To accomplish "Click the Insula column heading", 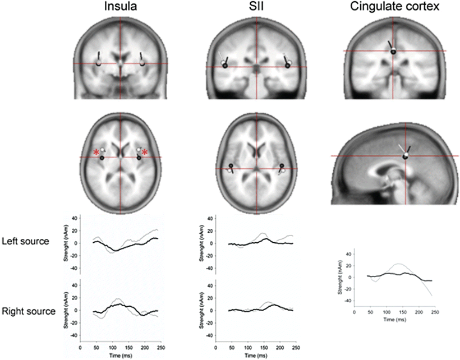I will [120, 7].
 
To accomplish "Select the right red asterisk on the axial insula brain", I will [145, 152].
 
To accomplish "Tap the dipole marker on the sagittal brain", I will [405, 156].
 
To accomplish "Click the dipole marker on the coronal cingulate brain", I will [393, 51].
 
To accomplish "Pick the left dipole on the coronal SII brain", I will [225, 65].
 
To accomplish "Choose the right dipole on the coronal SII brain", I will [288, 65].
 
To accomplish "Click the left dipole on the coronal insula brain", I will [99, 63].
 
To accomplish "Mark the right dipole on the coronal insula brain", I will [141, 63].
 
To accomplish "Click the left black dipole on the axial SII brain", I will [231, 166].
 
